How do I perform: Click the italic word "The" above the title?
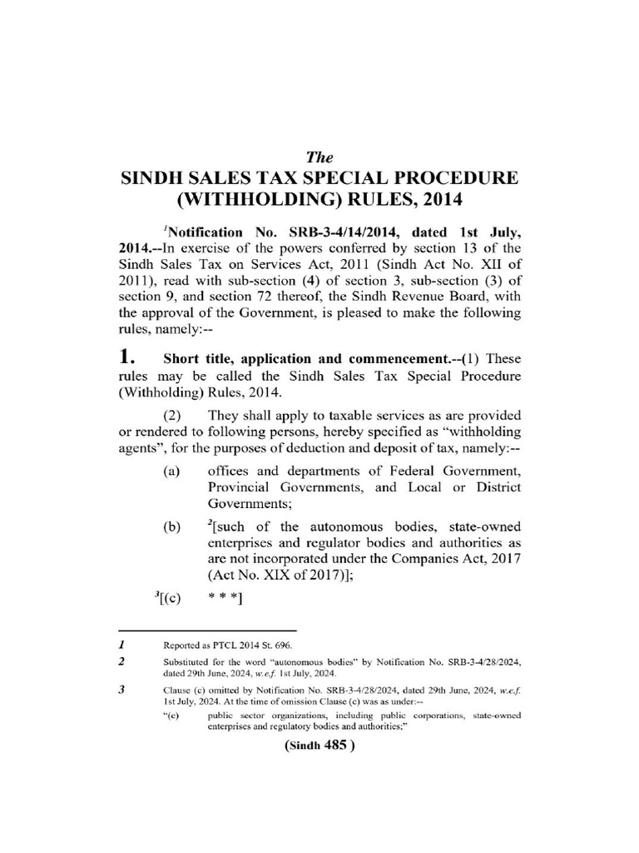tap(319, 157)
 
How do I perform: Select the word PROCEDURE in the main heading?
tap(449, 178)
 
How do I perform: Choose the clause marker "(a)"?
tap(172, 471)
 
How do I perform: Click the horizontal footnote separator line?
tap(207, 631)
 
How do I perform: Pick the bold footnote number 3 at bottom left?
tap(121, 691)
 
